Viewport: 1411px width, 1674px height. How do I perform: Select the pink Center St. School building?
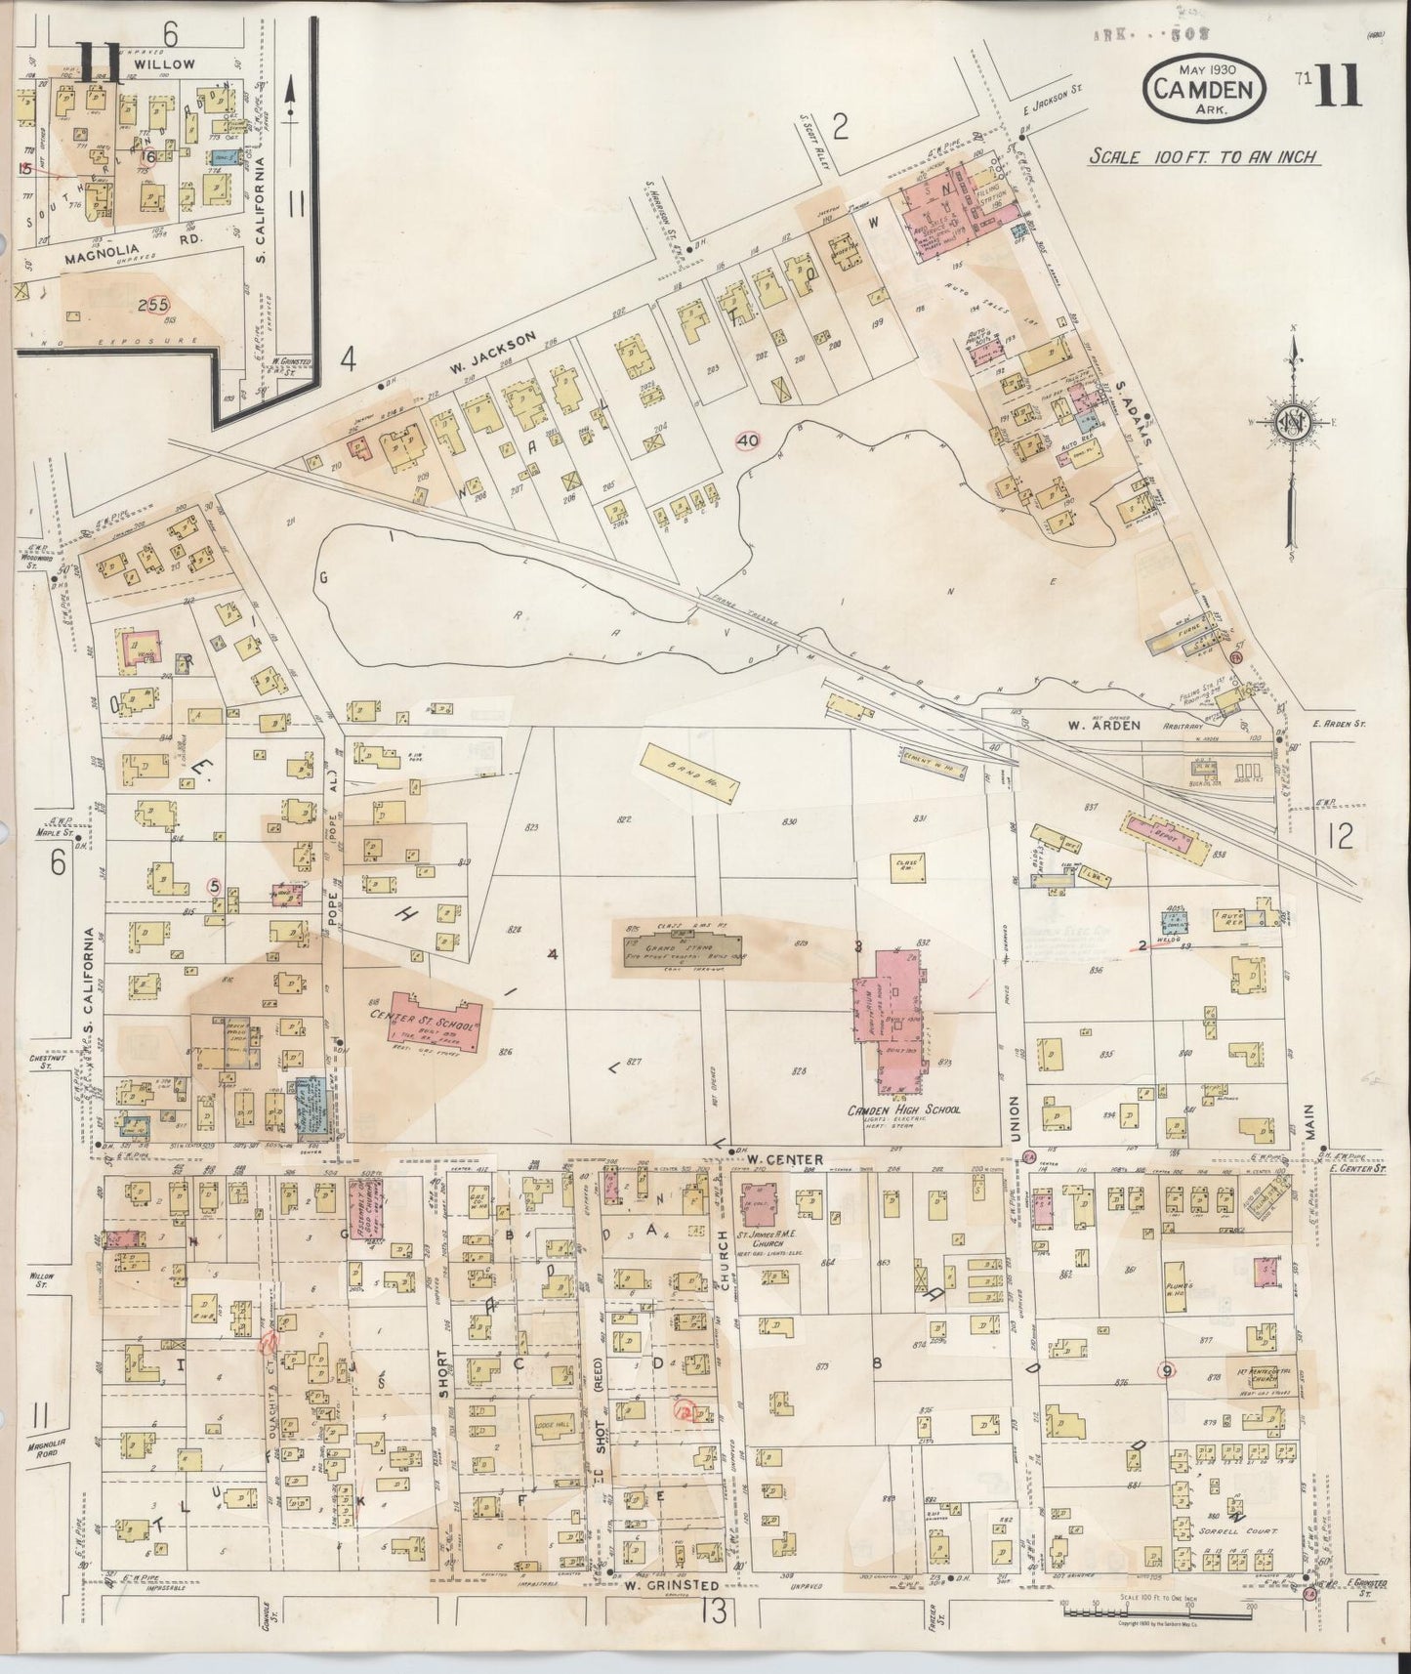(x=437, y=1021)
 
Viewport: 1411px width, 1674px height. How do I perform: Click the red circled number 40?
(x=748, y=440)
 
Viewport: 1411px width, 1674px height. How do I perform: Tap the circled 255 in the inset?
(x=153, y=305)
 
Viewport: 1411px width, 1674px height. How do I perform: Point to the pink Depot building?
(x=1167, y=830)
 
